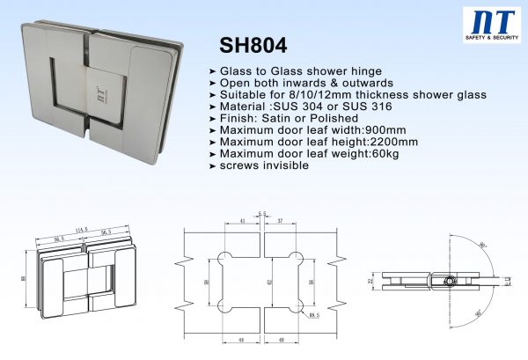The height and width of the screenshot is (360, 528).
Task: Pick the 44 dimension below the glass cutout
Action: [238, 338]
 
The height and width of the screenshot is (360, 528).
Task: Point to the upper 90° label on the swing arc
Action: [482, 243]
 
